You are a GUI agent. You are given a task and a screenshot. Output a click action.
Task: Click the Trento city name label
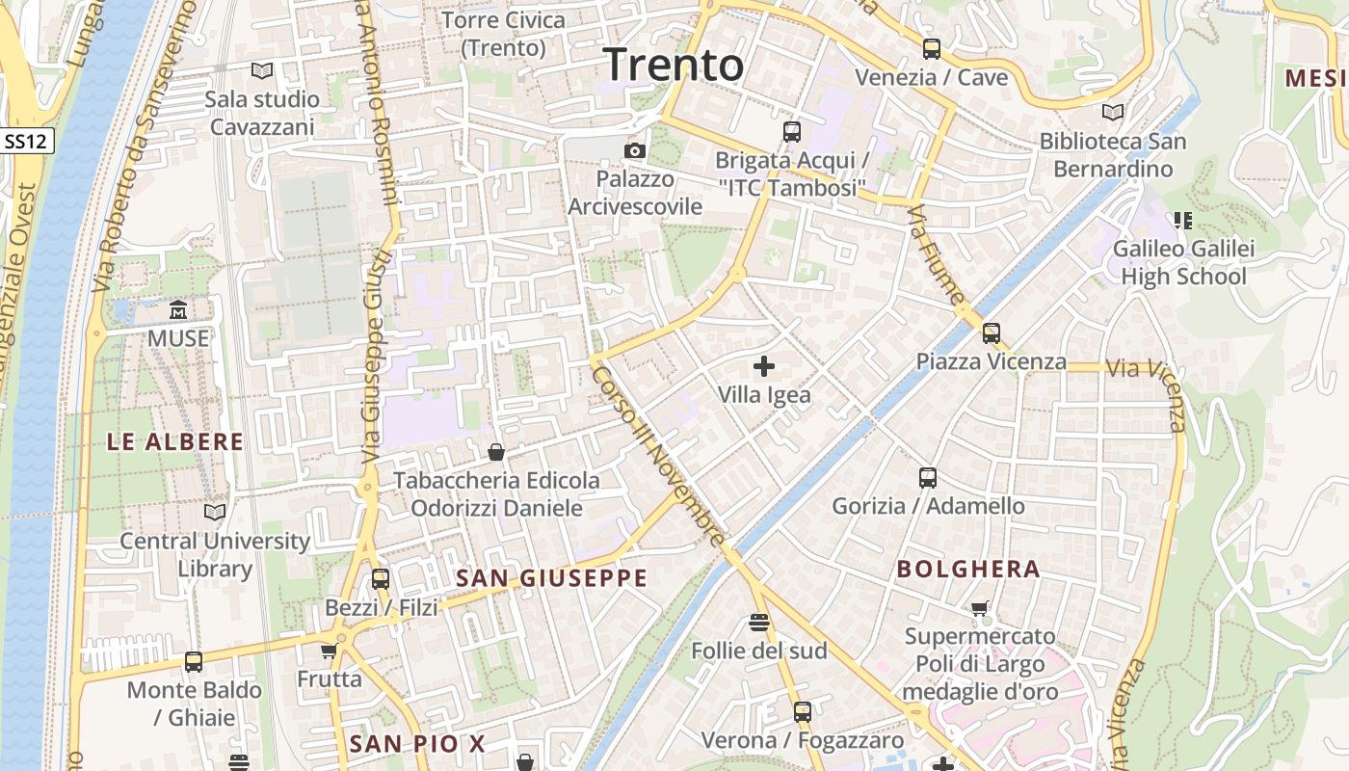[x=674, y=66]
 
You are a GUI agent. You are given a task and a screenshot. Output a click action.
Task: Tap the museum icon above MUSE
[x=178, y=310]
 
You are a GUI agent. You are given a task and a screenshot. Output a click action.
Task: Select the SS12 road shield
[x=26, y=141]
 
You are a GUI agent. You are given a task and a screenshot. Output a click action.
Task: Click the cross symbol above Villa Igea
[x=764, y=366]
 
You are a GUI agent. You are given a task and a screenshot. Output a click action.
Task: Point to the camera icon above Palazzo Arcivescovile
[x=635, y=150]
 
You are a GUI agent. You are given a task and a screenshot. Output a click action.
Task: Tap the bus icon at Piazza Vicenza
[x=992, y=333]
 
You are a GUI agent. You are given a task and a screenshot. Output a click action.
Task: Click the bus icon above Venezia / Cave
[x=931, y=49]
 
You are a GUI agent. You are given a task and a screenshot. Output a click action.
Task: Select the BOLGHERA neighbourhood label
[x=968, y=569]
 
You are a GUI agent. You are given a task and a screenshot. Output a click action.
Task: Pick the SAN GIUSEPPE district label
[x=551, y=578]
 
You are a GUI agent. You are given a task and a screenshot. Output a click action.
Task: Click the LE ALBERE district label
[x=174, y=442]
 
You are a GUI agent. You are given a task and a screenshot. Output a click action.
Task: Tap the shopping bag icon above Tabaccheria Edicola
[x=496, y=452]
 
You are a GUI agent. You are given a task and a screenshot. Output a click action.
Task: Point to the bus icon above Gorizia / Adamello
[x=928, y=477]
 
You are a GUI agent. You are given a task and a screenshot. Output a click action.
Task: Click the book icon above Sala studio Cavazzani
[x=262, y=70]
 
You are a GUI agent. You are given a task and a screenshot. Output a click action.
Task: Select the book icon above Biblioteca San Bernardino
[x=1113, y=113]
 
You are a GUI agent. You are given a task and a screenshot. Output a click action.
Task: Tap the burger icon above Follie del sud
[x=759, y=623]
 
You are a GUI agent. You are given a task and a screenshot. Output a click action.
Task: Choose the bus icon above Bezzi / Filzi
[x=381, y=579]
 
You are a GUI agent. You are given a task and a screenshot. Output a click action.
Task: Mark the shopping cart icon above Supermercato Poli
[x=980, y=608]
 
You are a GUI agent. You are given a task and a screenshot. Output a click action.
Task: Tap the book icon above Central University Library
[x=215, y=512]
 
